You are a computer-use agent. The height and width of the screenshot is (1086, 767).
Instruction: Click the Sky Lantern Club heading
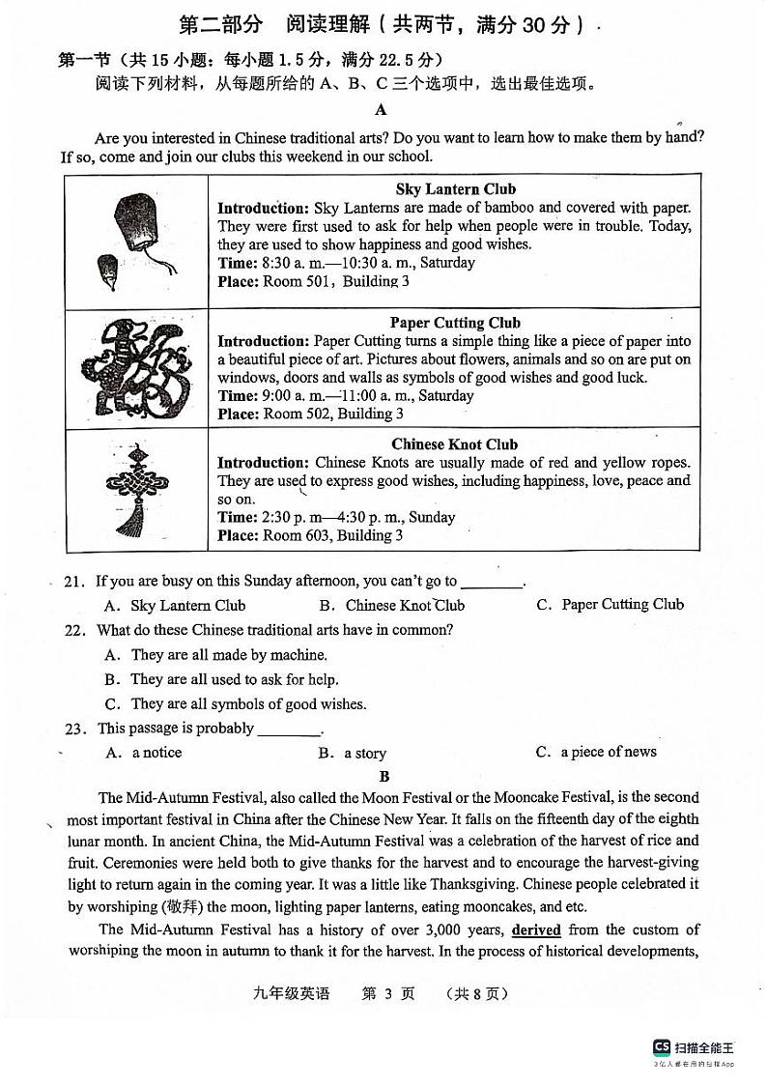point(455,189)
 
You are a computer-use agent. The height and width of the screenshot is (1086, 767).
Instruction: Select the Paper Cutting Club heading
point(455,323)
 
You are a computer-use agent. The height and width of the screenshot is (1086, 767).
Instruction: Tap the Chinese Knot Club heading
point(455,444)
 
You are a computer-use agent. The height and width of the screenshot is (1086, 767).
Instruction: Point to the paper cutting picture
point(135,367)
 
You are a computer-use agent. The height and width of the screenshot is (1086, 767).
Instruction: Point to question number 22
point(73,630)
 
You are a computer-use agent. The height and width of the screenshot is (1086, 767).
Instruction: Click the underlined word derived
point(536,930)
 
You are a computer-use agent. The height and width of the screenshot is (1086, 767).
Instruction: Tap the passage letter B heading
point(384,777)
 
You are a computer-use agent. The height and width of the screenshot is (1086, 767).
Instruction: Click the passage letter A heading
point(382,110)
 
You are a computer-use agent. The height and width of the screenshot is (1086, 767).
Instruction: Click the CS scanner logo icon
point(662,1046)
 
